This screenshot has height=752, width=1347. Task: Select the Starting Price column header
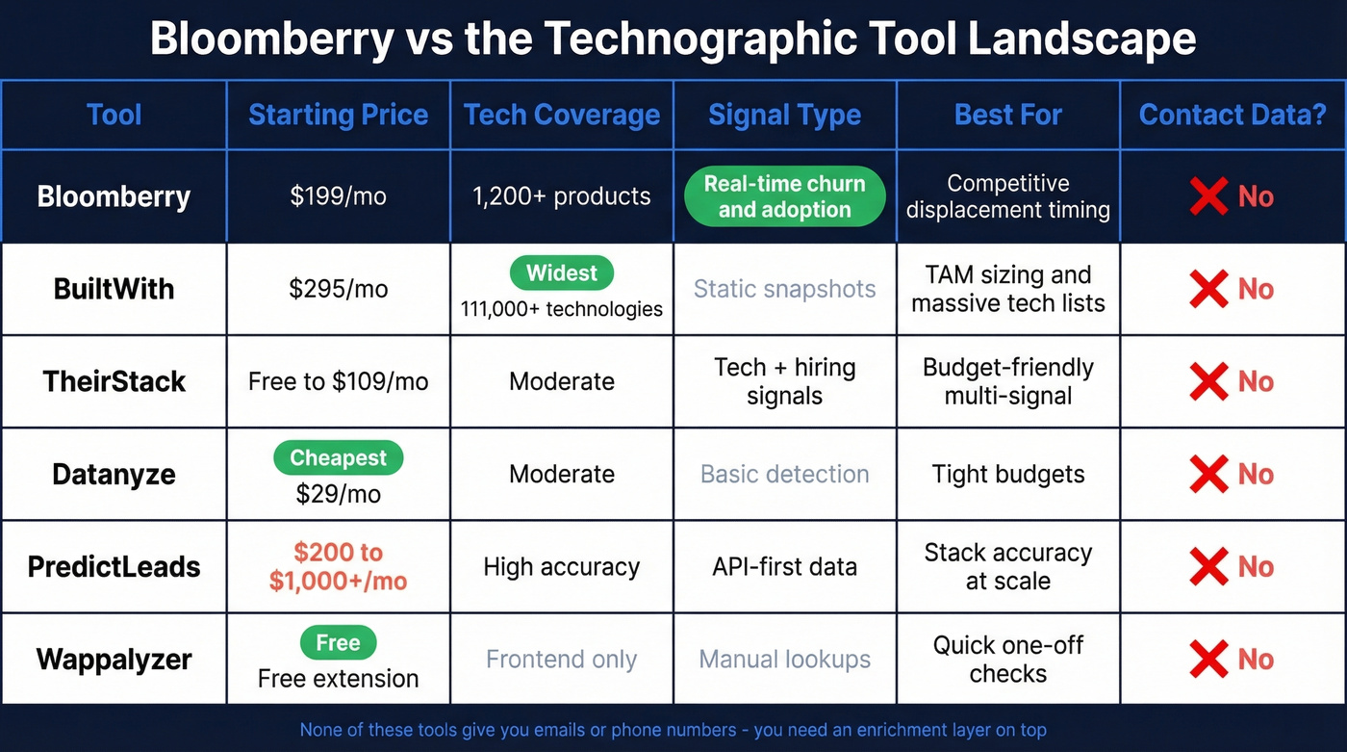tap(338, 115)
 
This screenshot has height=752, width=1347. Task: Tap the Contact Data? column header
tap(1233, 115)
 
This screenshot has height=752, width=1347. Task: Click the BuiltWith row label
tap(114, 289)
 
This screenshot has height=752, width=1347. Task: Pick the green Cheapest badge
tap(338, 458)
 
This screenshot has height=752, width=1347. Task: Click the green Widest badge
tap(562, 273)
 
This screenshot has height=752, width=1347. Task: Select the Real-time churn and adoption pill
tap(784, 196)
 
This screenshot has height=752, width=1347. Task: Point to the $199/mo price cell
tap(338, 196)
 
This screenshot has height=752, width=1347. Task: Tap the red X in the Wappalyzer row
tap(1208, 660)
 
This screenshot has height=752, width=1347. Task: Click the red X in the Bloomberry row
tap(1208, 196)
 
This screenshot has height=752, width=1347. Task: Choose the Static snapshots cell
tap(784, 289)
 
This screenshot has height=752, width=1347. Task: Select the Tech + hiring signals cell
tap(784, 381)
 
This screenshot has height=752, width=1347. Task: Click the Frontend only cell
tap(561, 660)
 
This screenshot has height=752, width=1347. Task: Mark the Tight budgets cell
tap(1007, 474)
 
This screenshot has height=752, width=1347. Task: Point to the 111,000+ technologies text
tap(562, 309)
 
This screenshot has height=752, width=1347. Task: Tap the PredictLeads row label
tap(114, 566)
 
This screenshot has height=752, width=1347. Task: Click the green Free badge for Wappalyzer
tap(338, 642)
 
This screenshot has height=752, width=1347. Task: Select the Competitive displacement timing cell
tap(1007, 196)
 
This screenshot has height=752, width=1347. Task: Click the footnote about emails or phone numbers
tap(673, 730)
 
